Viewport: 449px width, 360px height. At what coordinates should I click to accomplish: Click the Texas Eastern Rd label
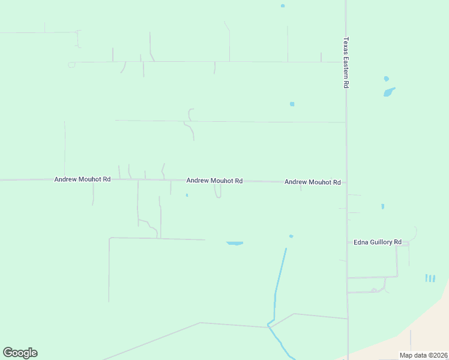pos(346,63)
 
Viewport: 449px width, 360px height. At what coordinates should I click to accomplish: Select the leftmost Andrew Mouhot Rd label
pos(82,179)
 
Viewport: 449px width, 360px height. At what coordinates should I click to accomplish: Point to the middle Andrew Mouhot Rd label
pos(214,181)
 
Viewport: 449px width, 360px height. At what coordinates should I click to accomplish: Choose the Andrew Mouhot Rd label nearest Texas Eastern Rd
pos(312,182)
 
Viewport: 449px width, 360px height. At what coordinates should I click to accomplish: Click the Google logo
pos(20,353)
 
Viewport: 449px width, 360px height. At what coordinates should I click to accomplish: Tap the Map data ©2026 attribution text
pos(423,355)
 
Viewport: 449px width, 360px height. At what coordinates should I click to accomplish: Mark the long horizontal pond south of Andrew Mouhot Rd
pos(235,243)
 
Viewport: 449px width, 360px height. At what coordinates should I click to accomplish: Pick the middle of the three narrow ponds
pos(430,278)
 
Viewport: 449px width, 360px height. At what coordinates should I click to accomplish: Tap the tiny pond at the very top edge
pos(283,6)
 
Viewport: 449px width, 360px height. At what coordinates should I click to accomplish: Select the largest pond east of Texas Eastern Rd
pos(390,92)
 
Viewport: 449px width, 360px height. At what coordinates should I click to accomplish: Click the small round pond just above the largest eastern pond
pos(386,79)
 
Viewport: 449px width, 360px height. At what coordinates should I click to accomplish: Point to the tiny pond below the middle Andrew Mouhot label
pos(187,195)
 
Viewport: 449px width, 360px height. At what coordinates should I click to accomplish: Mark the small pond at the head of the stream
pos(291,236)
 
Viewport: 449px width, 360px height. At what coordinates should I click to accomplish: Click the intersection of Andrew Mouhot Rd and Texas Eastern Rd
pos(346,182)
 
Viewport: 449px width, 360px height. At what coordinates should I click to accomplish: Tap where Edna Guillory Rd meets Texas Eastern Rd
pos(347,242)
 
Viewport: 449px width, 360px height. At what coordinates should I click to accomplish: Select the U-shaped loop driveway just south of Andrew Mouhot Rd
pos(218,191)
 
